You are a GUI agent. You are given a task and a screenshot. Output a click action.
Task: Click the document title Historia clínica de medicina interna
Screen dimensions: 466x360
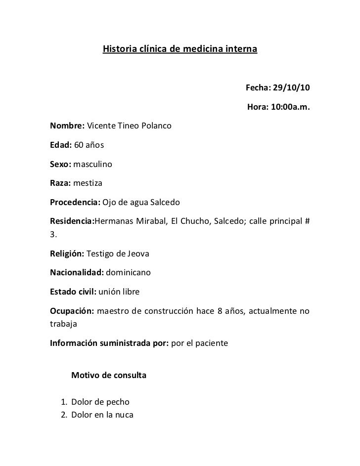180,50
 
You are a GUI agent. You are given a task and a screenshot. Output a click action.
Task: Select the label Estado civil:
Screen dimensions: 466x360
73,292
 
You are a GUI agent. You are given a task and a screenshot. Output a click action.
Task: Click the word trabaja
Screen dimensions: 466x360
64,324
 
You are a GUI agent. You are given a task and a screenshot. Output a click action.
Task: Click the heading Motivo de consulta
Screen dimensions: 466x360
109,376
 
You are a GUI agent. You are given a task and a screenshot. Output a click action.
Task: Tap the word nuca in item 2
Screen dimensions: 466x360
124,414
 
